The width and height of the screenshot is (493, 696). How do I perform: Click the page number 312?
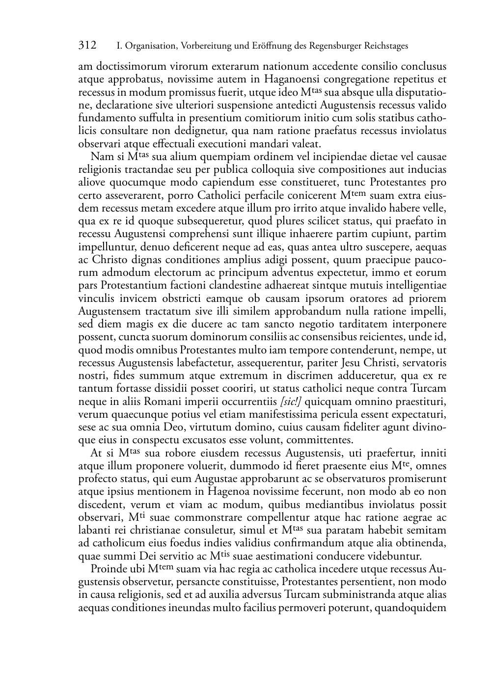pos(87,46)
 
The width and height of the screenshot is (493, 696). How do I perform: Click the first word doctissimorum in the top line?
pos(130,66)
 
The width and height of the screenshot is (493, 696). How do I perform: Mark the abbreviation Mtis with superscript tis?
pos(220,556)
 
